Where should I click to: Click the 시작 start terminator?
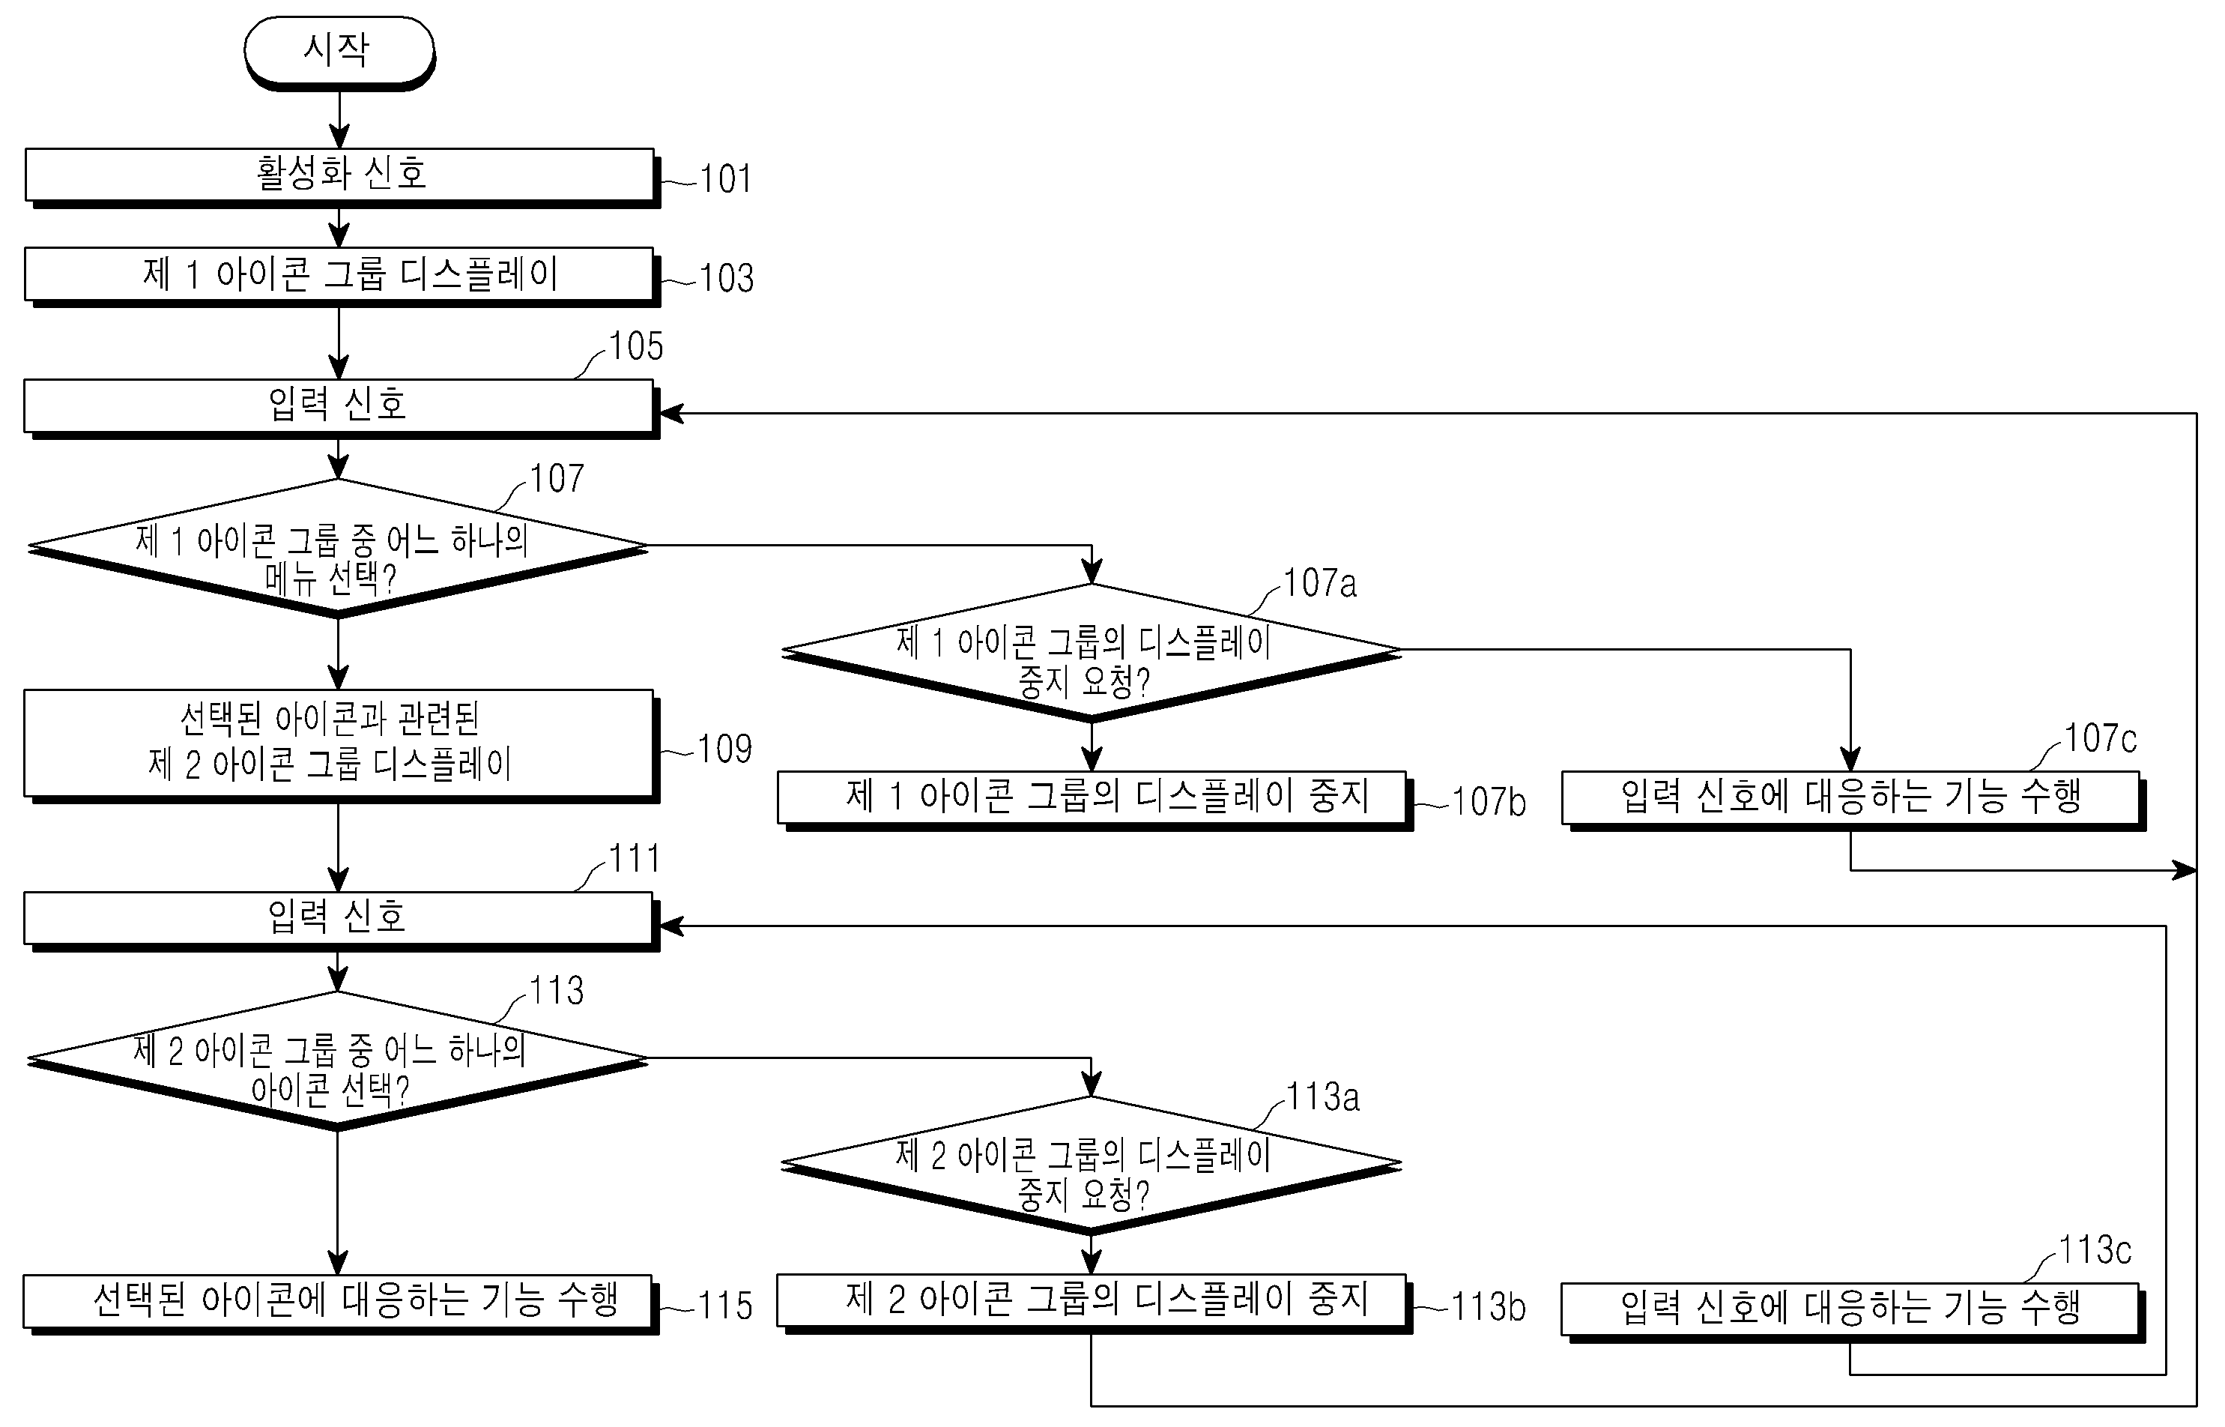(339, 50)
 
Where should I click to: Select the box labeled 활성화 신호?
(339, 174)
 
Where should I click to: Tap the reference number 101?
(725, 180)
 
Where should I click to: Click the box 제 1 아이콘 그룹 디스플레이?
(339, 274)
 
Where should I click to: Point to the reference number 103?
(726, 279)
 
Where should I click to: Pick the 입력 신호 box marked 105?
(339, 405)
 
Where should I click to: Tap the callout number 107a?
(1319, 584)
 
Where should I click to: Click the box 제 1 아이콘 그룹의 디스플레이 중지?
(1092, 797)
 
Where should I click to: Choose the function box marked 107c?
(1850, 797)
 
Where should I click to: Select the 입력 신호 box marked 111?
(339, 917)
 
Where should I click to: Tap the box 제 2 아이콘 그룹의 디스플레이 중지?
(1092, 1300)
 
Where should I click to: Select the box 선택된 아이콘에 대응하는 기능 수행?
(339, 1301)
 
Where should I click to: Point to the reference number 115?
(724, 1306)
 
